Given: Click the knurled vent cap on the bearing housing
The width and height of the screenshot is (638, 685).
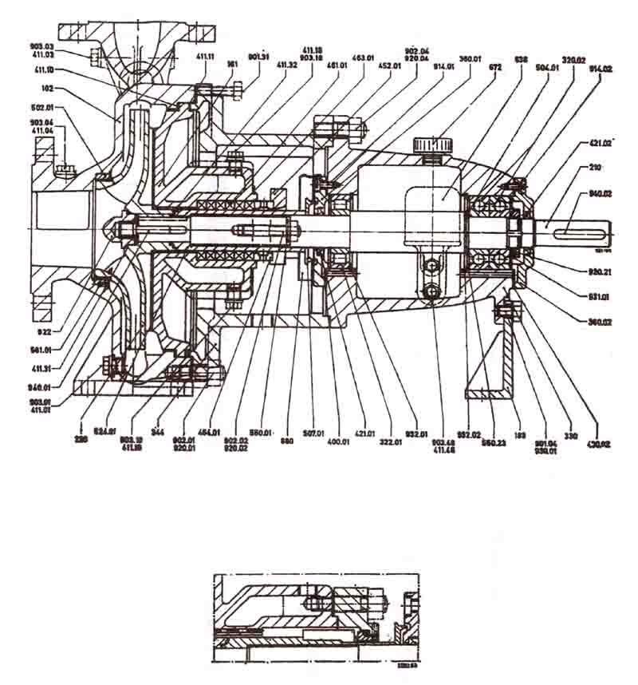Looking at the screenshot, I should tap(431, 145).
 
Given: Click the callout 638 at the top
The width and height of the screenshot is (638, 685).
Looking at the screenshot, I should tap(522, 60).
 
